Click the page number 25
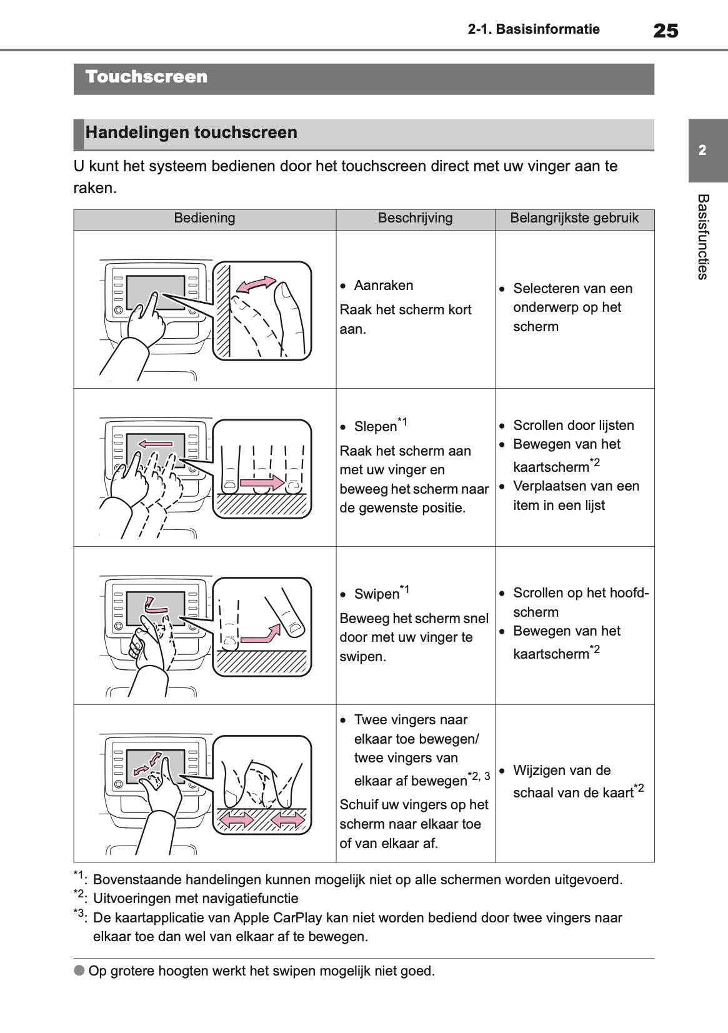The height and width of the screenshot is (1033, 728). click(x=665, y=30)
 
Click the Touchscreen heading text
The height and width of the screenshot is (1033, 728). click(x=146, y=77)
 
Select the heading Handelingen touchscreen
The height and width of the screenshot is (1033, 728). click(x=191, y=132)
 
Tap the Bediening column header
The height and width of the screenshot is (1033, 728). click(x=204, y=218)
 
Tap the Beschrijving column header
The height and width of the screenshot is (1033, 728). click(x=415, y=218)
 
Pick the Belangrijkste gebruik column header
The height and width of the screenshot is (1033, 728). click(x=574, y=218)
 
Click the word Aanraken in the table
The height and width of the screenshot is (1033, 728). click(x=383, y=286)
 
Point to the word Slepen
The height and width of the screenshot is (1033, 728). click(x=375, y=427)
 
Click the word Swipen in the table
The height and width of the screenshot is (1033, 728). click(x=376, y=594)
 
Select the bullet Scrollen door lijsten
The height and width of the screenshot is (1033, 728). click(x=573, y=426)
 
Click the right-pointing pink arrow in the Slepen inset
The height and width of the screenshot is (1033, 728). click(x=261, y=482)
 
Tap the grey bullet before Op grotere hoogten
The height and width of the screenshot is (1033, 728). click(x=79, y=971)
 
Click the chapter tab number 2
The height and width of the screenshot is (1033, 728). click(x=702, y=151)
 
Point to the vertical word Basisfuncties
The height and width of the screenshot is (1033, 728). click(x=702, y=237)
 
